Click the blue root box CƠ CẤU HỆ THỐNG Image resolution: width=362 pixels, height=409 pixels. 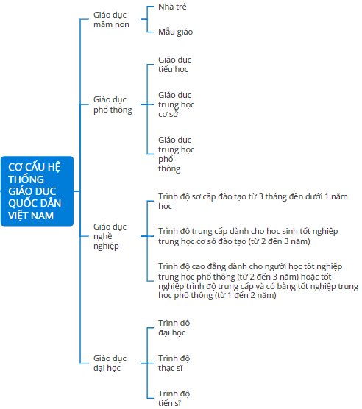(37, 191)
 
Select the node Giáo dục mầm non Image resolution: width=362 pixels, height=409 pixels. (111, 20)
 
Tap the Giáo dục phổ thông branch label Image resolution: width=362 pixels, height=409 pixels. (113, 104)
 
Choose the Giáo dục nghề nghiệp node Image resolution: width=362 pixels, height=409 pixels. (110, 236)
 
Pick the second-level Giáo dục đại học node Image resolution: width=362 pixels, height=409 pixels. (110, 363)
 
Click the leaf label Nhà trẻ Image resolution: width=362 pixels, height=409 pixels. (172, 7)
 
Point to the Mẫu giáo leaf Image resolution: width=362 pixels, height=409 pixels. (176, 32)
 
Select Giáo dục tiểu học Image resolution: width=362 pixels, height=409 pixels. (174, 65)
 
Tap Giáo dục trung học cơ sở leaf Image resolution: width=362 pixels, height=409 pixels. (177, 104)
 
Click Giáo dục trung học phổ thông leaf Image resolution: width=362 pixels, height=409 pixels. (177, 154)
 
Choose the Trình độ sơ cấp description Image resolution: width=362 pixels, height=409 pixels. (253, 201)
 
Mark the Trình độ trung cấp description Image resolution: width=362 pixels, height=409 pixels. (248, 236)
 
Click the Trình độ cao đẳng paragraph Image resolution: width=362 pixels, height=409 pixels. (258, 281)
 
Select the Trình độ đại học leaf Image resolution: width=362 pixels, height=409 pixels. (174, 328)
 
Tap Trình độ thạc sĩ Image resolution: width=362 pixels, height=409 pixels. (174, 363)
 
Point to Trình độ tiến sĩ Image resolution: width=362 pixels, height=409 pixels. (174, 398)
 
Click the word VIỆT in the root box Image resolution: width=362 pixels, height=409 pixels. (18, 216)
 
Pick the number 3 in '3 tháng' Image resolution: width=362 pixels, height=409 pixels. (260, 196)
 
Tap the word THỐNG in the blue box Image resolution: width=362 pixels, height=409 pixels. (26, 179)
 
